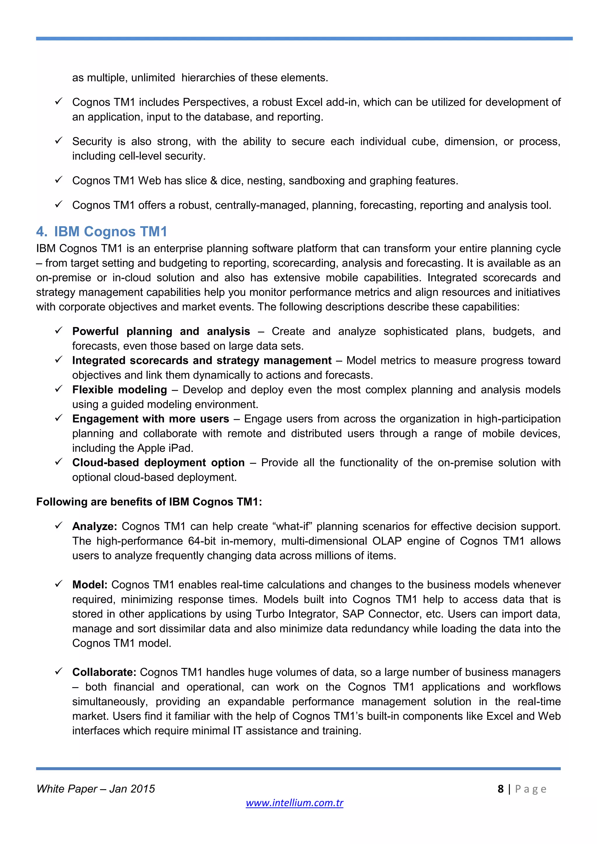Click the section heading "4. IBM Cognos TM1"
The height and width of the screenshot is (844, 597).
tap(102, 232)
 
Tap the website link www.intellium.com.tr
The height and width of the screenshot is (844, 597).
tap(294, 803)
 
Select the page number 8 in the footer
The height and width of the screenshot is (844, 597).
tap(500, 789)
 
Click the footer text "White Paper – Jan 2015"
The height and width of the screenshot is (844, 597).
tap(96, 789)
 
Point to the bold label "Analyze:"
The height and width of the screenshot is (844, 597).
tap(94, 526)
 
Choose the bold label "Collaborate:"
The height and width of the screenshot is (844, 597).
tap(104, 672)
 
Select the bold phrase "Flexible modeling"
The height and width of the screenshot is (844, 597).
tap(120, 390)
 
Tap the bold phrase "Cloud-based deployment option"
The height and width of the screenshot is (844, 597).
tap(158, 463)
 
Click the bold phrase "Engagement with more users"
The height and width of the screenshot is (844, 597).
tap(150, 419)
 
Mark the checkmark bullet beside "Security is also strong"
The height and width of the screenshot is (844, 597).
tap(59, 141)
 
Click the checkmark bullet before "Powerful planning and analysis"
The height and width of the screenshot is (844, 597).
tap(59, 331)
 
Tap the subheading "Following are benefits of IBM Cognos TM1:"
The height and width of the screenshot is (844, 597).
tap(149, 502)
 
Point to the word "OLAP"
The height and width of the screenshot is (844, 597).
tap(386, 541)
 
